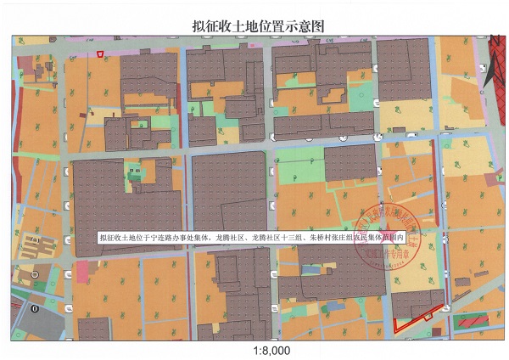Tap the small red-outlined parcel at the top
101,54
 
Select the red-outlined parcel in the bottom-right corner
419,315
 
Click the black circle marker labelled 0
34,309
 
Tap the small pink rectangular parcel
82,272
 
